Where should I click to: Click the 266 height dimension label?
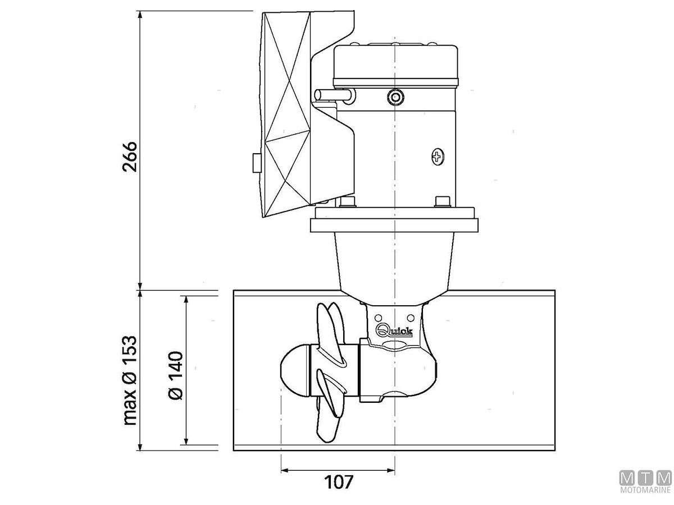pyautogui.click(x=130, y=157)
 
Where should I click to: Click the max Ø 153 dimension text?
pyautogui.click(x=130, y=380)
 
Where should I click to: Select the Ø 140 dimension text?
pyautogui.click(x=176, y=375)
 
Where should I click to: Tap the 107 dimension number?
pyautogui.click(x=339, y=482)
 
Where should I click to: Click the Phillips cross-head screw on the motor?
pyautogui.click(x=437, y=157)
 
